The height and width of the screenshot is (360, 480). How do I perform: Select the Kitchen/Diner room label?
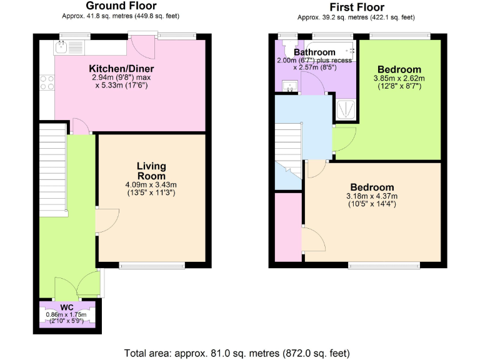click(121, 68)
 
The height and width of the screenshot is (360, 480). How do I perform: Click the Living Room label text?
click(151, 171)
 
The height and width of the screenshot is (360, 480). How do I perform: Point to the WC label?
click(67, 307)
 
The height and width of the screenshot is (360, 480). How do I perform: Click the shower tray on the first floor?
click(346, 109)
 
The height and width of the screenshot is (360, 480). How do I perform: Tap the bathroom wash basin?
click(289, 86)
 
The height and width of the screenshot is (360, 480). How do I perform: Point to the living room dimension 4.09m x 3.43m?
click(151, 184)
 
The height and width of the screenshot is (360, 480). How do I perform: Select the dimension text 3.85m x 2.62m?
click(398, 79)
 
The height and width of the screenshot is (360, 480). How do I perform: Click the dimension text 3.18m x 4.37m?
click(372, 196)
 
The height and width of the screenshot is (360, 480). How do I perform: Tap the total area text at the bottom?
click(239, 351)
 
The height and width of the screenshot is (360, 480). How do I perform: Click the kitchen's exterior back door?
click(140, 45)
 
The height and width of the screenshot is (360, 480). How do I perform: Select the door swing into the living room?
click(107, 219)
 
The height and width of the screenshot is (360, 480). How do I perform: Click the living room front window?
click(152, 266)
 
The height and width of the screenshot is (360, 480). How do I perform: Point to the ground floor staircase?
click(52, 169)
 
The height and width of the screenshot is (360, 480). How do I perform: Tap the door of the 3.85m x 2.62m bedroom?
click(344, 137)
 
